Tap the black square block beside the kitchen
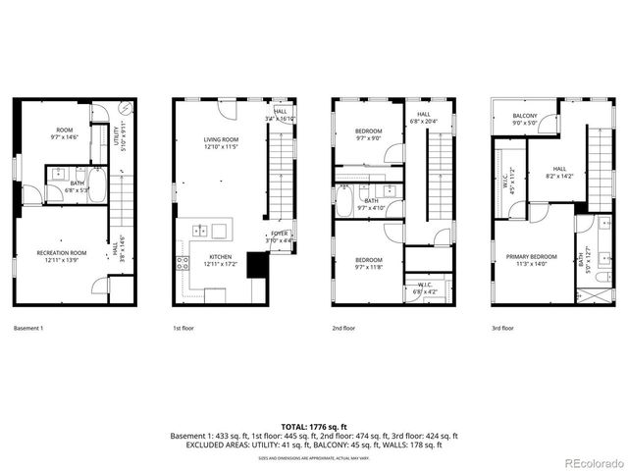(257, 265)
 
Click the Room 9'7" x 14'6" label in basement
(65, 132)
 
